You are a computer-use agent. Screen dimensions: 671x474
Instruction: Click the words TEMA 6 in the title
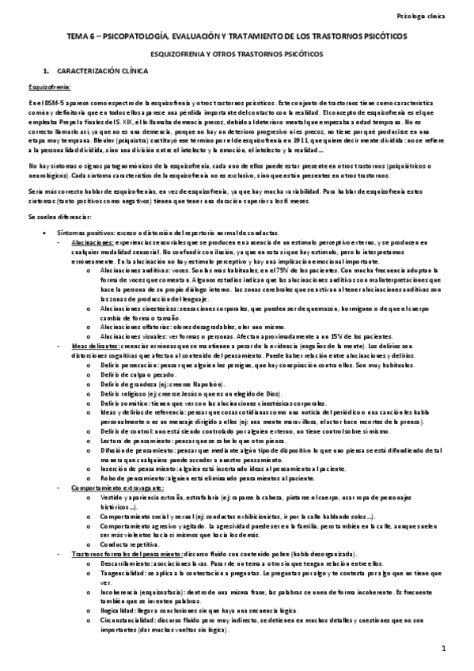[x=79, y=37]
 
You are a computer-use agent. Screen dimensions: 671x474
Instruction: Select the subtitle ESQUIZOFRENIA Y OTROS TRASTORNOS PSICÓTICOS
[x=236, y=54]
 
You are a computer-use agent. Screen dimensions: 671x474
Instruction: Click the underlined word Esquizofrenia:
[x=49, y=86]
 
